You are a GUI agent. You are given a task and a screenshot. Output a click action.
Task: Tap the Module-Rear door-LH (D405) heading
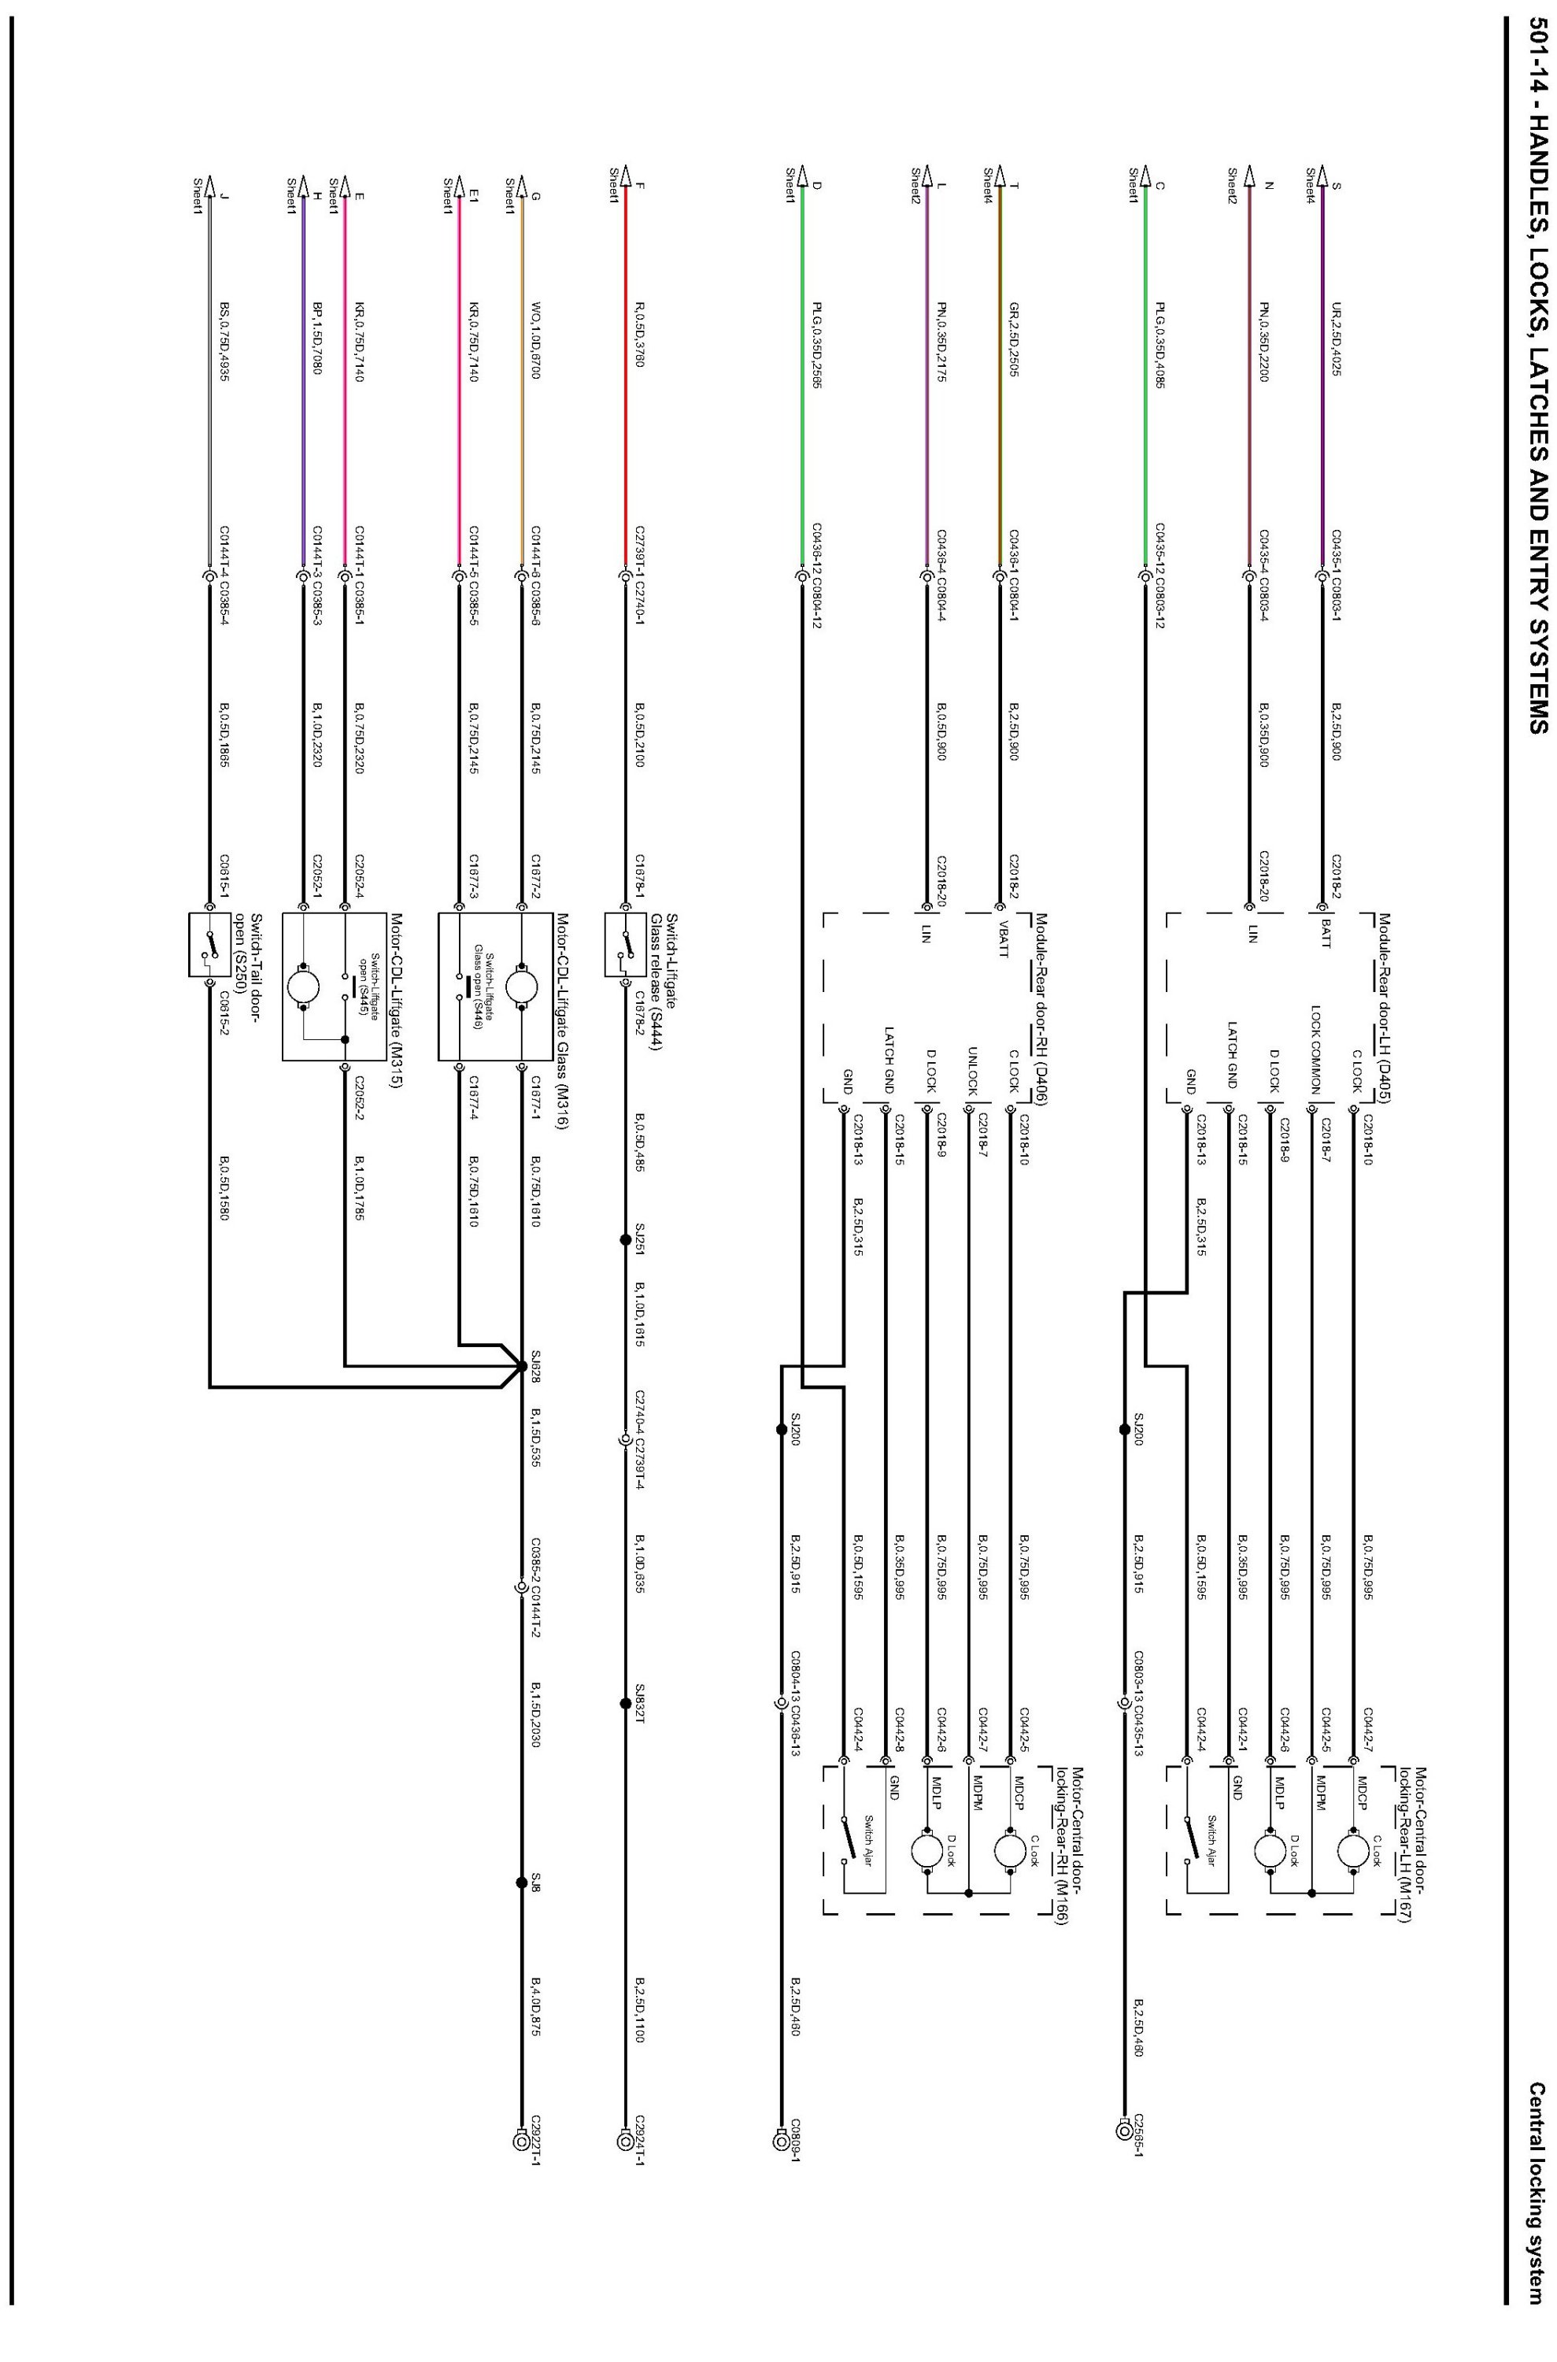(x=1385, y=1007)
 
